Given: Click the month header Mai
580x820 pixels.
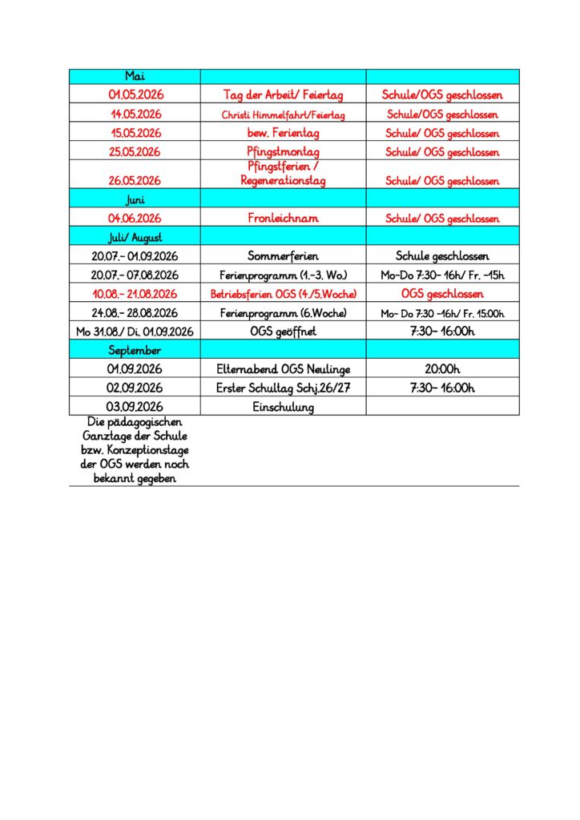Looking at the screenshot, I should [135, 76].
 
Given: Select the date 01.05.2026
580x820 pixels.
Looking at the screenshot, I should [135, 95].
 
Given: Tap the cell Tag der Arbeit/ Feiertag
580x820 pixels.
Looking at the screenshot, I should [283, 95].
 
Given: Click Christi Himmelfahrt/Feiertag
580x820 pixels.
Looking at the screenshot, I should [283, 115].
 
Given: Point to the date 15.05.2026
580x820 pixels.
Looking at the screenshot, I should [135, 133].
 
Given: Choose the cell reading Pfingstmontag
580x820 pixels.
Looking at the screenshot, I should [283, 151].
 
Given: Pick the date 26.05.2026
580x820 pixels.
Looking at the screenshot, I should [135, 181].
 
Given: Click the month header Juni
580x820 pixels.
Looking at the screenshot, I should [135, 199].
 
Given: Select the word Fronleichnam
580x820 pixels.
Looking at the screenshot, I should [283, 218].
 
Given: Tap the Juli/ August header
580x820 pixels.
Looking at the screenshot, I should [135, 237].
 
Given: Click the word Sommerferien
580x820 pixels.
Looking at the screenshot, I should [283, 256].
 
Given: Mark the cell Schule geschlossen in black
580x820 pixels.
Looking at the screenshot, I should [442, 256].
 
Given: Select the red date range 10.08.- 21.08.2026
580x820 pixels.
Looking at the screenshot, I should [135, 294].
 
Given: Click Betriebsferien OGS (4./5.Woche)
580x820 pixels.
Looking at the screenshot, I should [283, 294].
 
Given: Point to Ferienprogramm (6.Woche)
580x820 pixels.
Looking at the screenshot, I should [283, 313].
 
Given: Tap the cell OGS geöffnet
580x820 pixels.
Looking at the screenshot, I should [283, 332].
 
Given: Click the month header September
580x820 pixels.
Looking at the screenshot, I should [135, 350].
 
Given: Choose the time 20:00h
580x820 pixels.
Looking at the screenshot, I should [442, 369].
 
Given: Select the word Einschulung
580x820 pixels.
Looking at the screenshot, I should [283, 407].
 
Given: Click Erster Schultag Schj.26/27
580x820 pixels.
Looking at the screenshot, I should [283, 388].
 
